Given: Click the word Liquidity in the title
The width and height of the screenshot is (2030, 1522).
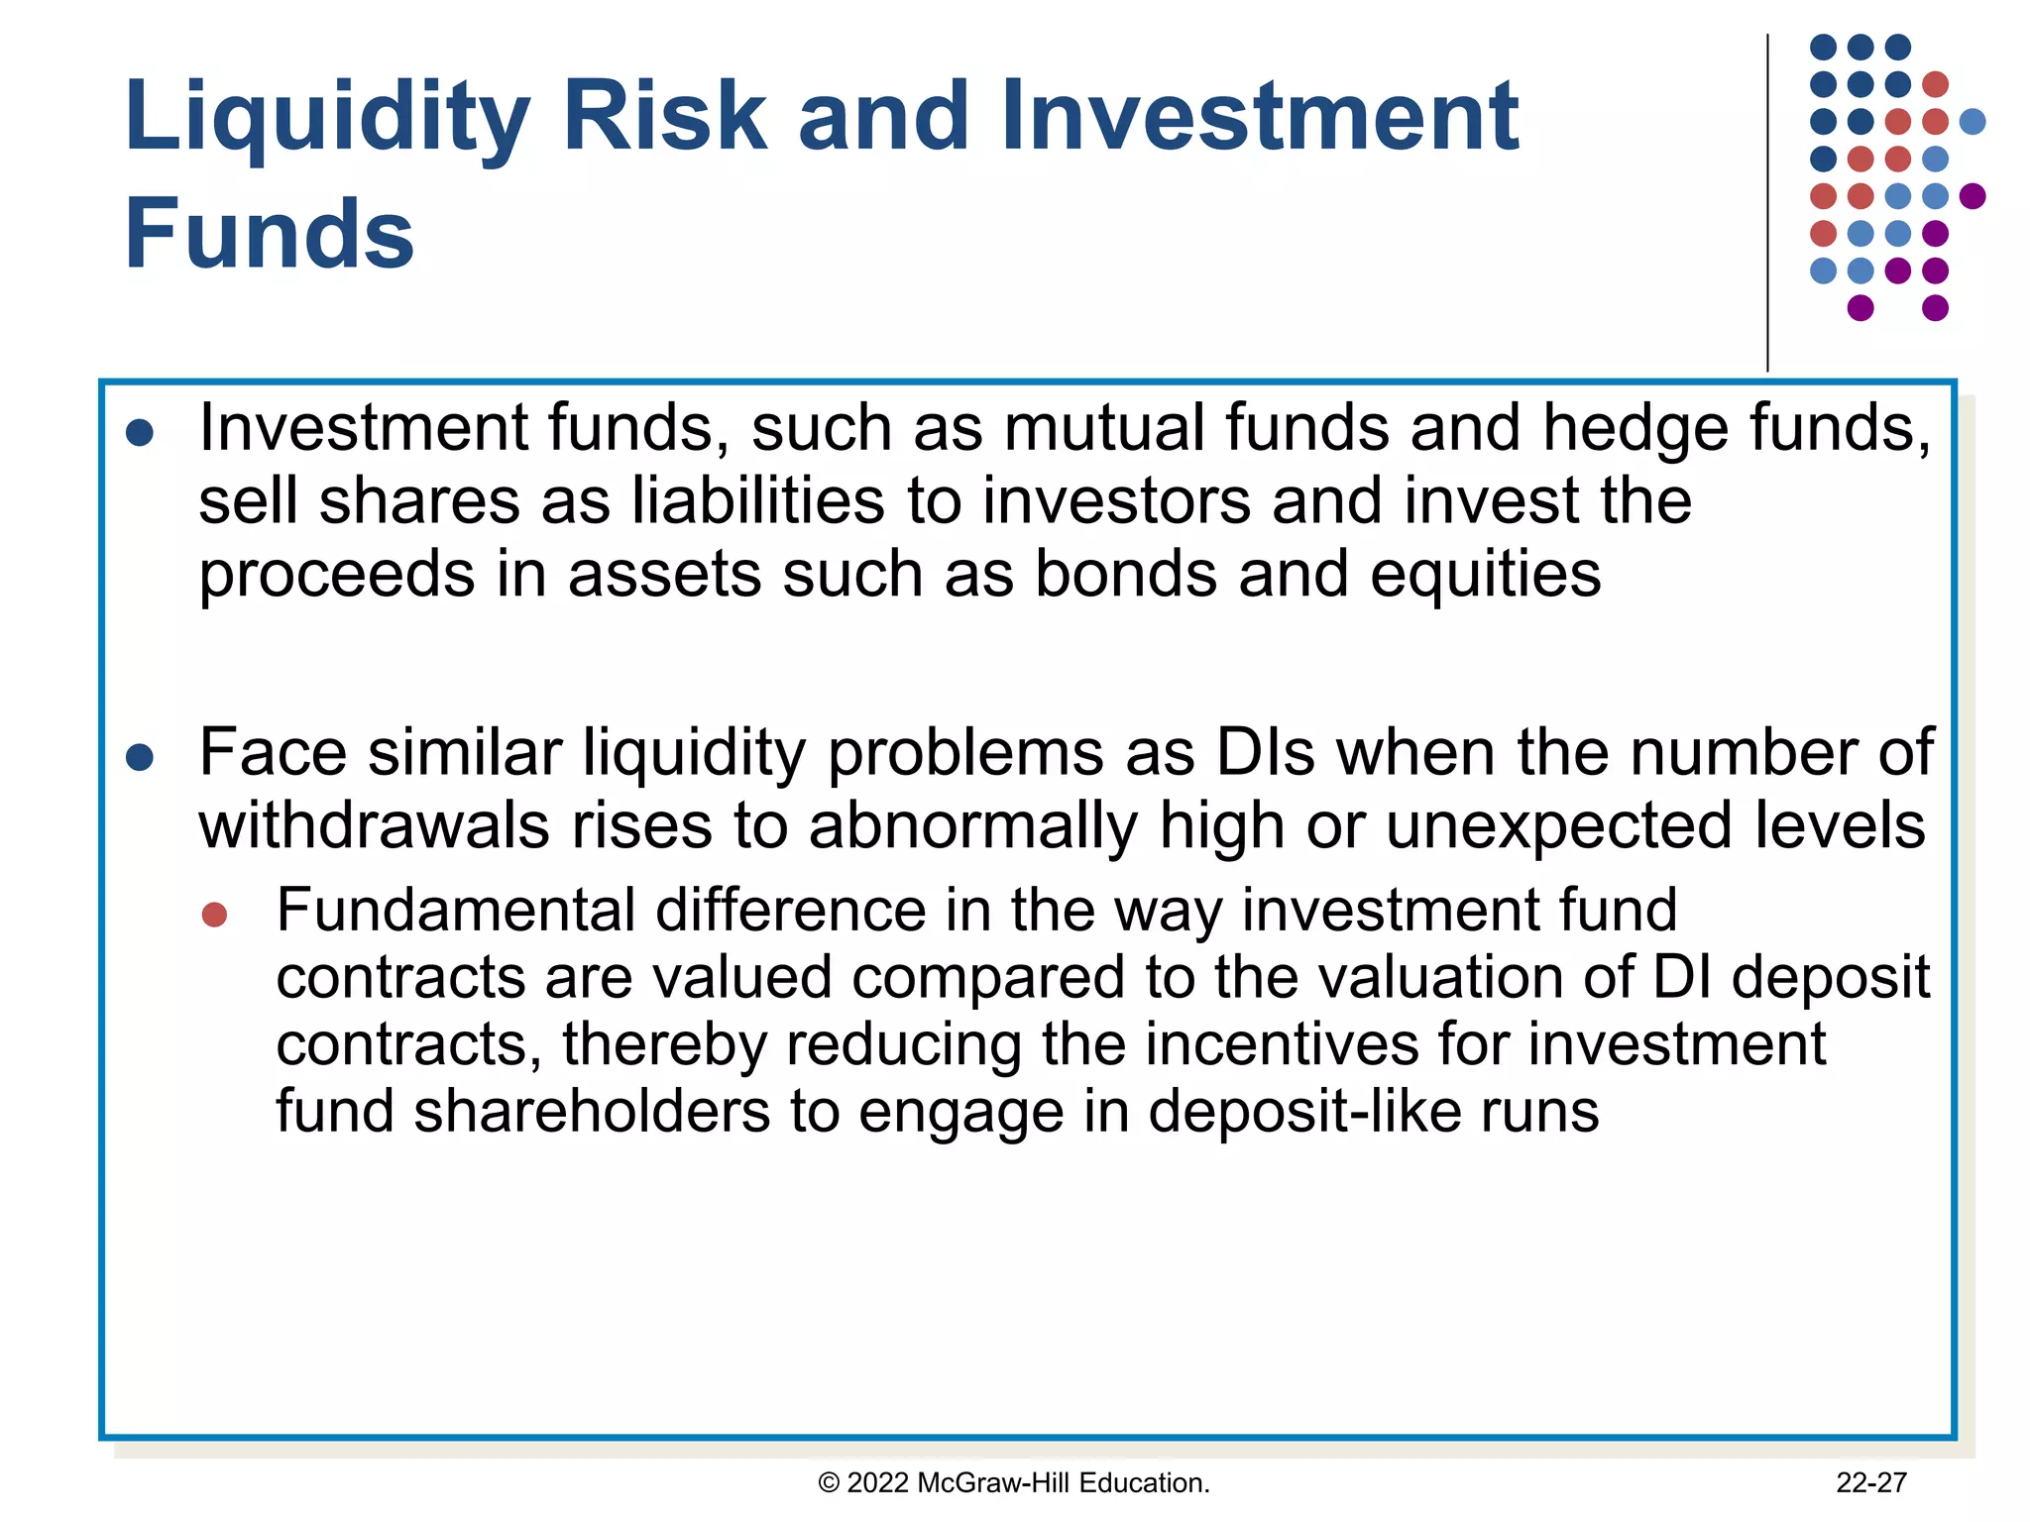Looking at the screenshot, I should point(327,119).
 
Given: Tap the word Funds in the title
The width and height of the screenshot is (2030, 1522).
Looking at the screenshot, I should point(270,235).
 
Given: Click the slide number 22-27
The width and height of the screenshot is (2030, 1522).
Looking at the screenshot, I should point(1870,1482).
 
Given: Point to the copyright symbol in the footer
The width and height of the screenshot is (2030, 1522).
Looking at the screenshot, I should point(829,1483).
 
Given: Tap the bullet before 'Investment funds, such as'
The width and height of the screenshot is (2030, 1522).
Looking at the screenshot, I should point(140,433).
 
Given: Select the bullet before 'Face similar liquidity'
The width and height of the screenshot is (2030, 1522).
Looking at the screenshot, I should point(140,758).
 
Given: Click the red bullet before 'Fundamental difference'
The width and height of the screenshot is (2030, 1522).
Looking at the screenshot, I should point(214,914).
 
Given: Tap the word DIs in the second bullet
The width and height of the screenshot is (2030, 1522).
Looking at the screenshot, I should point(1265,753).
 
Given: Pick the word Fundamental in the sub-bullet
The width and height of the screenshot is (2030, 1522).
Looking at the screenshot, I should point(455,911).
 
